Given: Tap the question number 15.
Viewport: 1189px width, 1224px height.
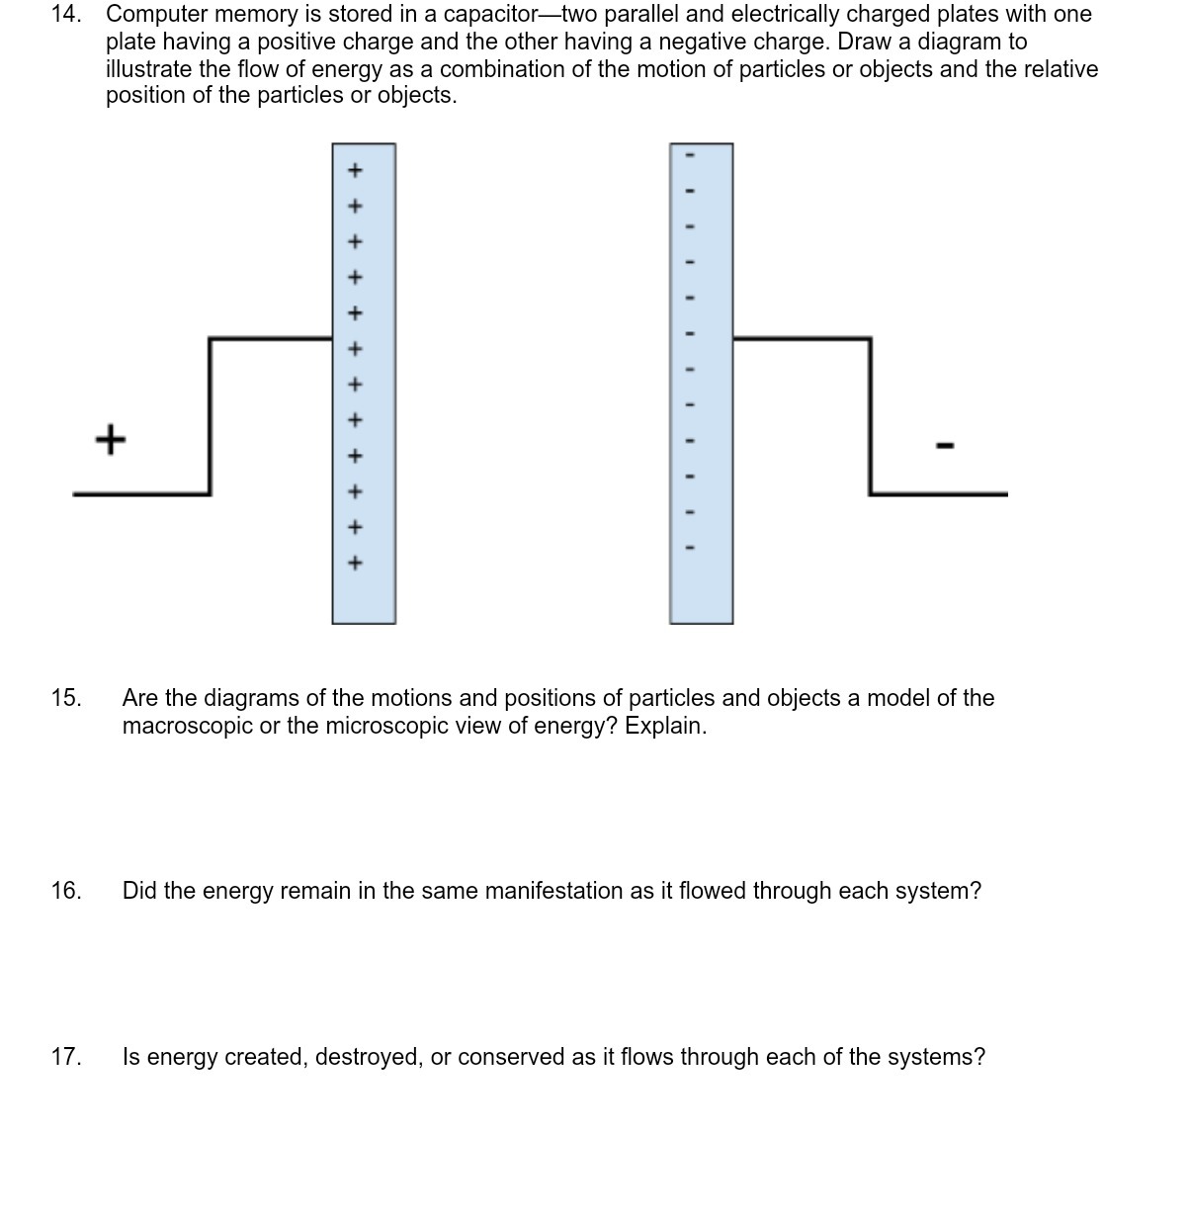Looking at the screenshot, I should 66,698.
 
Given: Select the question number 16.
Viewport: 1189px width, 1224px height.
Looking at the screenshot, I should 66,891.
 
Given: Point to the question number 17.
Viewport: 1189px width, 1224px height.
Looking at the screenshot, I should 66,1057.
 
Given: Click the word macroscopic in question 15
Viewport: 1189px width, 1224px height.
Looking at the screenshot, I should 187,726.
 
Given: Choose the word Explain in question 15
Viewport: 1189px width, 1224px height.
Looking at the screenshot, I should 665,726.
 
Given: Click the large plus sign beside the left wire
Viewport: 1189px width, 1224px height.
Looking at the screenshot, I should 111,438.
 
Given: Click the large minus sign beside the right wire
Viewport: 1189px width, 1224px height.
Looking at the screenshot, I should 944,446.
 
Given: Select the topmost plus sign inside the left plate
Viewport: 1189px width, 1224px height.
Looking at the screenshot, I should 356,170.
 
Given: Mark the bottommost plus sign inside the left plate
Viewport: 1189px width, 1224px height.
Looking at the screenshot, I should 356,563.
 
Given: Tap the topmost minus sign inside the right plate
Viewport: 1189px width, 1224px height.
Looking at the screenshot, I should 691,155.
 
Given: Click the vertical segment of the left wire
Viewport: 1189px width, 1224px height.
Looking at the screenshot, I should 210,415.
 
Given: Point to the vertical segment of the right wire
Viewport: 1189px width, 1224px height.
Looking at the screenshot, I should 870,415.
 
